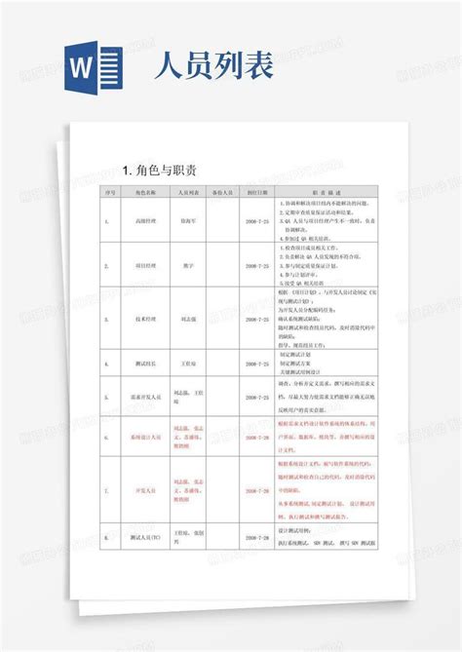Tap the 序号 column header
[109, 193]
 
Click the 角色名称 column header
[147, 193]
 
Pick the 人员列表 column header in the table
[189, 193]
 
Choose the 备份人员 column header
[224, 193]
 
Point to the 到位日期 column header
[257, 193]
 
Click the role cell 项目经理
[147, 265]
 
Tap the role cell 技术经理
[147, 318]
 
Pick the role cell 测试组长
[147, 364]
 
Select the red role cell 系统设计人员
[147, 439]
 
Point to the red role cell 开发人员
[147, 492]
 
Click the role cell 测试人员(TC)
[147, 537]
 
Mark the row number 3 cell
[109, 318]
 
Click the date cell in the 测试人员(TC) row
[257, 537]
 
